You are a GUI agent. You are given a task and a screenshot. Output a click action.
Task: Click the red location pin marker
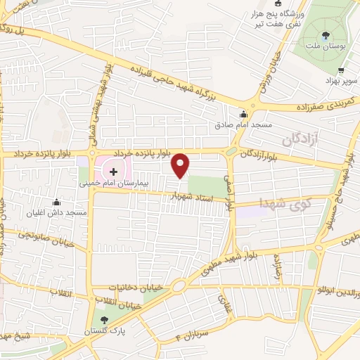(x=181, y=165)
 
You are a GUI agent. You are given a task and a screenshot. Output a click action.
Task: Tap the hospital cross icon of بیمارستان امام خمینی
(x=114, y=171)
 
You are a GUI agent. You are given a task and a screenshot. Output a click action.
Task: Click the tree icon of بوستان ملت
(x=326, y=36)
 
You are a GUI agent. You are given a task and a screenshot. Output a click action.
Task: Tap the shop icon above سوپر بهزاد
(x=342, y=70)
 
